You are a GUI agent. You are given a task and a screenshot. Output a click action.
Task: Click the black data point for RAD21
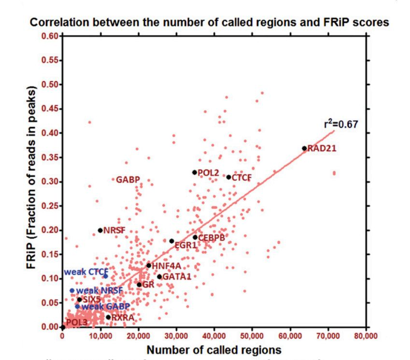pos(304,148)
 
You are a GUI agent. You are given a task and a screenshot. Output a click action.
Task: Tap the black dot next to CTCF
pos(228,177)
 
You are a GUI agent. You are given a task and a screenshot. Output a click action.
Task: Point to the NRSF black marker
pos(100,230)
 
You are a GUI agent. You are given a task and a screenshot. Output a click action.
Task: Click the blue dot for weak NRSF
pos(72,290)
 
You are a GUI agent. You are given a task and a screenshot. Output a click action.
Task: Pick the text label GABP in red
pos(128,180)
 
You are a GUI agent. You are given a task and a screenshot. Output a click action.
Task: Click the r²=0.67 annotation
pos(340,124)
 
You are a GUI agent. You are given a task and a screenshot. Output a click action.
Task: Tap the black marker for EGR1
pos(171,241)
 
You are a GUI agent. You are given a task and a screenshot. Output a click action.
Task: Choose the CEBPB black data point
pos(195,237)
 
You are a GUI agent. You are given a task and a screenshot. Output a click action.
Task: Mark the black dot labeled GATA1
pos(159,276)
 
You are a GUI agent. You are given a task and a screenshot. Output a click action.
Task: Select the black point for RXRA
pos(108,317)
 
